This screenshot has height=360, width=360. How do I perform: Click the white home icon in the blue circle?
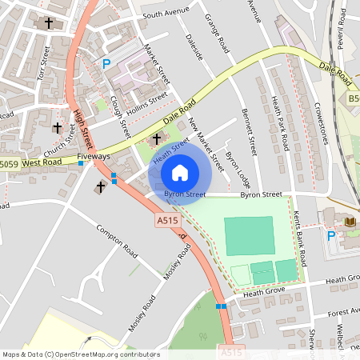(x=180, y=172)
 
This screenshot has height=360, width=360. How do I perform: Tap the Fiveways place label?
(x=94, y=156)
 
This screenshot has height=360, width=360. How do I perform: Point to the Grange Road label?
(x=217, y=33)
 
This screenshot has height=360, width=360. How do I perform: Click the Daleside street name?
(x=194, y=47)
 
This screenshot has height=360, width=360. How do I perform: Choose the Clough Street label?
(x=120, y=113)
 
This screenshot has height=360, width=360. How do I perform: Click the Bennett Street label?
(x=248, y=132)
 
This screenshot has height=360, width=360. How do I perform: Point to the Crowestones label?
(x=309, y=123)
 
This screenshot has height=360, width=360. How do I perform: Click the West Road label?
(x=42, y=162)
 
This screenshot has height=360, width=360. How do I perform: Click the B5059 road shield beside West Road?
(x=7, y=165)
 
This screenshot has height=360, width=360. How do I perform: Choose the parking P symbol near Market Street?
(x=106, y=64)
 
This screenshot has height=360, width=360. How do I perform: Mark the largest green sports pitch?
(x=249, y=235)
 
